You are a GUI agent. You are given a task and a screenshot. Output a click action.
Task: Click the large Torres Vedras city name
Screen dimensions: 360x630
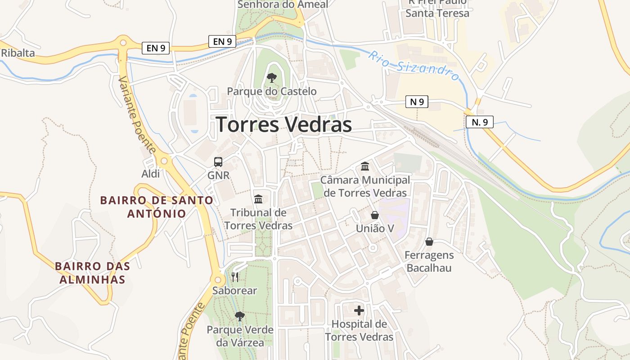pos(283,125)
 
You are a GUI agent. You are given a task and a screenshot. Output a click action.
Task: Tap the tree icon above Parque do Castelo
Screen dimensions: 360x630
pos(271,78)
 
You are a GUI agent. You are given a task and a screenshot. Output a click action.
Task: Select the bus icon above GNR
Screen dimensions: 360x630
pos(218,162)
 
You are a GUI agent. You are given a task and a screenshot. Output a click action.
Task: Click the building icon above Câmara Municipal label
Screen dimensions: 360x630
pos(365,166)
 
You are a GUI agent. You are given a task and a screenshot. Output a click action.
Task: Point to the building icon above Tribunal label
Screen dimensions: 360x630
pos(258,199)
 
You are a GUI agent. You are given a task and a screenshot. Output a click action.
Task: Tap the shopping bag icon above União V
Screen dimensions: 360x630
pos(375,215)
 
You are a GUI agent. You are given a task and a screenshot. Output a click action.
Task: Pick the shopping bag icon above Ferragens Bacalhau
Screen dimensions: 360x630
pos(429,242)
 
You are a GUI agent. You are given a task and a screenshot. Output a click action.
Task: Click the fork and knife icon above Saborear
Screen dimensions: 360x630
pos(234,277)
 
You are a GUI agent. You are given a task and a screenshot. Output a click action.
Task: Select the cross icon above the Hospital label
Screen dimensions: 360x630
pos(359,310)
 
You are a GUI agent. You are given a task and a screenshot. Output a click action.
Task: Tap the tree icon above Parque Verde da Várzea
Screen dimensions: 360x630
pos(240,316)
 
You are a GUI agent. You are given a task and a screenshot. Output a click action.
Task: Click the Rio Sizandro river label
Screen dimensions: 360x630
pos(414,66)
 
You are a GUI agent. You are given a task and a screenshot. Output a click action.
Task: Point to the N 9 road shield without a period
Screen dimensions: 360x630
pos(417,102)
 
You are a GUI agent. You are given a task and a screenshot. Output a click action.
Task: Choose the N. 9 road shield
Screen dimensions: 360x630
pos(479,121)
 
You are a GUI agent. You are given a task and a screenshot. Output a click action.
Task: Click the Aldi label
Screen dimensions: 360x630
pos(151,174)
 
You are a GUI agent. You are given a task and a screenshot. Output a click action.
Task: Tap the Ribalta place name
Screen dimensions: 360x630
pos(18,53)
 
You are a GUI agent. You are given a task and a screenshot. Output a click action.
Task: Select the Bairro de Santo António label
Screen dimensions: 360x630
pos(157,207)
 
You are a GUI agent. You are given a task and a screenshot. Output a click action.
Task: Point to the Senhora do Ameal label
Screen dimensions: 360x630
pos(283,4)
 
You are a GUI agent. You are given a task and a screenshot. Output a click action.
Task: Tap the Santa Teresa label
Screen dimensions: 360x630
pos(437,13)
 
